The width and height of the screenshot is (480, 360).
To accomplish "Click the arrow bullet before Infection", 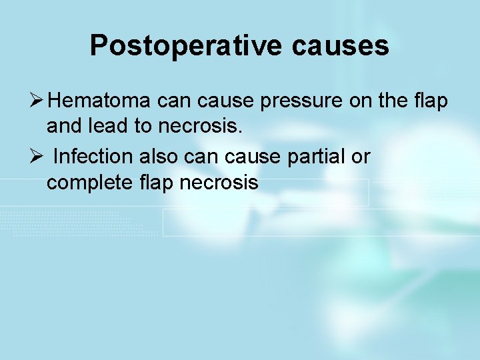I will pos(37,156).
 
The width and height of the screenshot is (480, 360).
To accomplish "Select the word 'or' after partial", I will pos(360,156).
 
